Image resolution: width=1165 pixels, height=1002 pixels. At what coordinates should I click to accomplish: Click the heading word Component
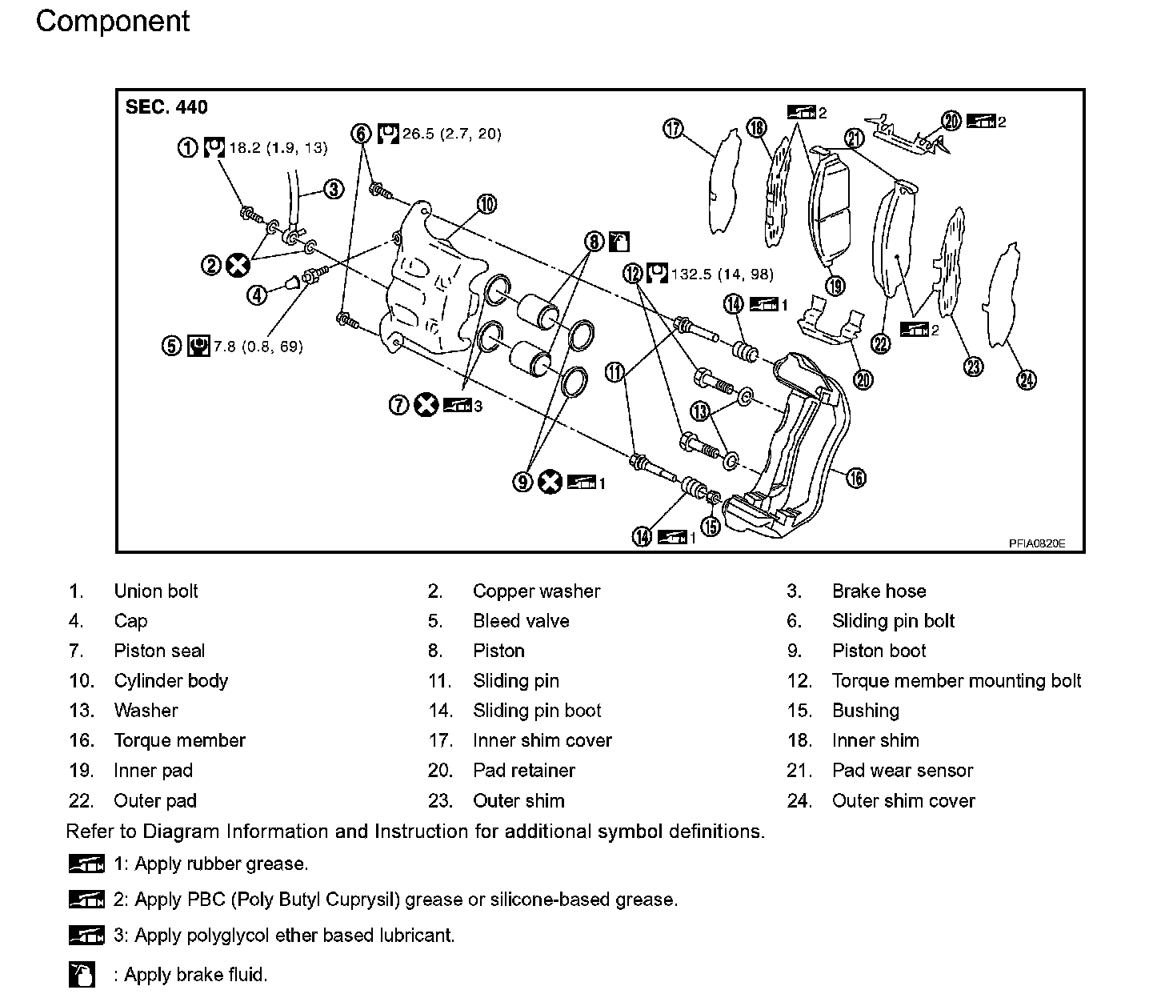coord(113,22)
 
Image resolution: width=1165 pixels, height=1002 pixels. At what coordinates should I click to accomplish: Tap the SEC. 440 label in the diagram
coord(166,108)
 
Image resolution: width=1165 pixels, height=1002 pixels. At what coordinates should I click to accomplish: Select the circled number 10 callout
coord(486,205)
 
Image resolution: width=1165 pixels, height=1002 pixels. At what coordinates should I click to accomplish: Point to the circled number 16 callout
coord(855,478)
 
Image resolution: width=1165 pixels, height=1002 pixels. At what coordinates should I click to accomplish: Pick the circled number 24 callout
coord(1026,379)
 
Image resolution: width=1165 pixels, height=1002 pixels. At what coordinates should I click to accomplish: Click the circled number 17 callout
coord(673,128)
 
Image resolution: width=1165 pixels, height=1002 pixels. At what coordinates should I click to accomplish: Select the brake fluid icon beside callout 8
coord(620,241)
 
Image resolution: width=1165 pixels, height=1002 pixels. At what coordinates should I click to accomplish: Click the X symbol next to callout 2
coord(237,265)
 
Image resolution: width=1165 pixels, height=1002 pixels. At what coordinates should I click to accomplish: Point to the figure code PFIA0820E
coord(1036,543)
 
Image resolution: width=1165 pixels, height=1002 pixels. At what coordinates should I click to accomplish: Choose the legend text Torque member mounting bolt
coord(956,681)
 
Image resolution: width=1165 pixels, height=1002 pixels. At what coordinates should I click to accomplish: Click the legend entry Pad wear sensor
coord(903,771)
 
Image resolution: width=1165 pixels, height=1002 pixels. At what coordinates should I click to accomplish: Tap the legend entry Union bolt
coord(156,591)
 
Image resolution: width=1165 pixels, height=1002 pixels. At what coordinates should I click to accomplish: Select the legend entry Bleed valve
coord(521,621)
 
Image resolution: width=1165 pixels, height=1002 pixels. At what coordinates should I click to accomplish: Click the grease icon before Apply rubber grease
coord(86,864)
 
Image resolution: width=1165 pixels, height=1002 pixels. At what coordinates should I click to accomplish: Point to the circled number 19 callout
coord(835,286)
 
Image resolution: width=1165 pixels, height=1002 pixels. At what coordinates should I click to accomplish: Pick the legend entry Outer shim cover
coord(903,801)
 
